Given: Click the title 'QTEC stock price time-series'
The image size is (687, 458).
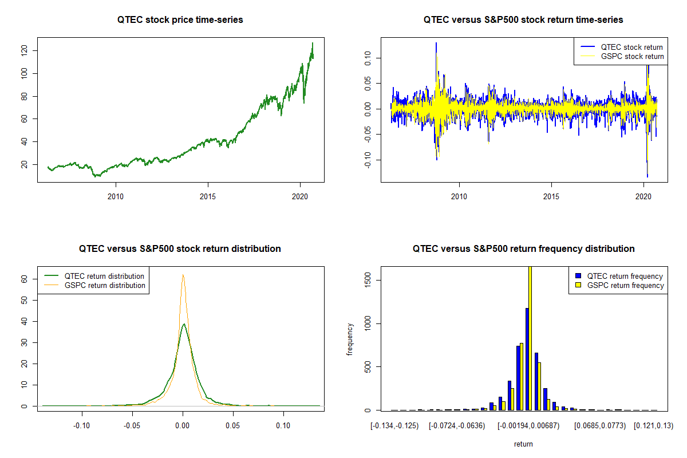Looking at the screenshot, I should (x=180, y=20).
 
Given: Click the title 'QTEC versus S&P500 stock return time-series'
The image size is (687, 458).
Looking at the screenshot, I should (x=523, y=20).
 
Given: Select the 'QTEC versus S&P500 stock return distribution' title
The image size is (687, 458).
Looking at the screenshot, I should (x=180, y=249).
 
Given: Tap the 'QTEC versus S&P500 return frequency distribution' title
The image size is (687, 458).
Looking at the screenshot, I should (x=523, y=249).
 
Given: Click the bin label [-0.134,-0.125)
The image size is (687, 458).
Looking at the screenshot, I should (x=394, y=426).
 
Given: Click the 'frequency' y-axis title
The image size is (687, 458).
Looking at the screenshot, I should (x=350, y=339).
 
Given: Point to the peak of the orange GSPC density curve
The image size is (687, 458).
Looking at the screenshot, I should (x=183, y=275).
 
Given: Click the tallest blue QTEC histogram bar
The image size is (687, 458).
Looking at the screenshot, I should (x=527, y=359).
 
